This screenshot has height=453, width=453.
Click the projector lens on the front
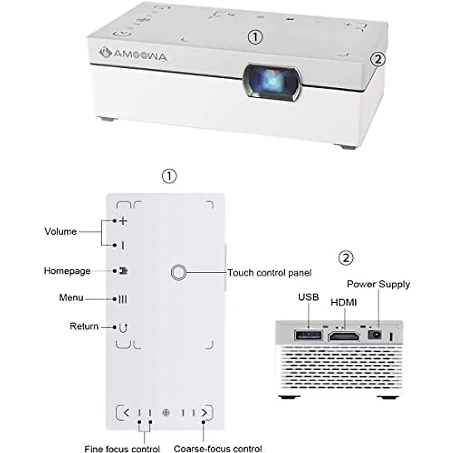tap(272, 83)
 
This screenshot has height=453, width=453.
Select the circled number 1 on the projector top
tap(255, 37)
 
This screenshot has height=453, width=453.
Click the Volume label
tap(60, 231)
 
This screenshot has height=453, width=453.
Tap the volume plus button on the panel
tap(123, 221)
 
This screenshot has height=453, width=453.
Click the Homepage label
tap(67, 271)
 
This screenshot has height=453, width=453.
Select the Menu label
tap(71, 298)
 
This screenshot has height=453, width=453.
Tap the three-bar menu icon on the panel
tap(123, 299)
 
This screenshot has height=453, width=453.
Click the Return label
tap(84, 326)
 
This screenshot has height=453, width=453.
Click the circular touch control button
tap(179, 272)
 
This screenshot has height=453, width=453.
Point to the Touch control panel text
tap(269, 273)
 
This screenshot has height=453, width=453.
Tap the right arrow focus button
tap(204, 412)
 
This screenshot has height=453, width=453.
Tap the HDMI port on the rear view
tap(344, 336)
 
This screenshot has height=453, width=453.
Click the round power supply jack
tap(374, 334)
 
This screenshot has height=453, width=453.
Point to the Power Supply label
tap(378, 284)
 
